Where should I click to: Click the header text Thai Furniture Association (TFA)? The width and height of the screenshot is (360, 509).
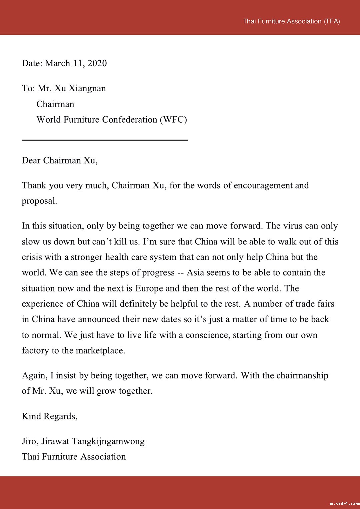(x=291, y=21)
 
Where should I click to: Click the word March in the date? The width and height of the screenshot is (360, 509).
(x=58, y=63)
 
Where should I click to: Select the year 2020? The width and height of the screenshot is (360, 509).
(x=97, y=63)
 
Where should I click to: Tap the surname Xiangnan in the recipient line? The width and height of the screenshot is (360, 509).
(x=87, y=88)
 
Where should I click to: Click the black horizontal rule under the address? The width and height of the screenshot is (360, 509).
(x=105, y=140)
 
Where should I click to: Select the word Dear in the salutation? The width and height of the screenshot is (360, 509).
(x=31, y=161)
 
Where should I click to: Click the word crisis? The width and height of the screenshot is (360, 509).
(x=32, y=257)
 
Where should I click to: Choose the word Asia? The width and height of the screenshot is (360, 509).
(x=195, y=272)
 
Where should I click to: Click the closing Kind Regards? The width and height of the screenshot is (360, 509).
(x=49, y=416)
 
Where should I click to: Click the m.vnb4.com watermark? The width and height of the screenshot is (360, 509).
(x=344, y=504)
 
